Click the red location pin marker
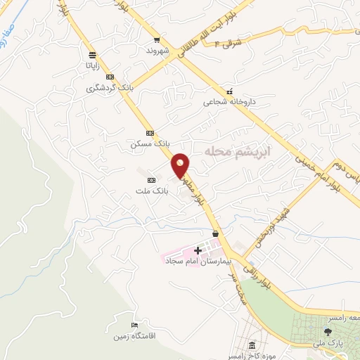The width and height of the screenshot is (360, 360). tap(181, 165)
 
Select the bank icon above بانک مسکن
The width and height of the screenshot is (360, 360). tap(150, 132)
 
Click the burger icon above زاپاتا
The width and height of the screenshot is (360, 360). tap(93, 55)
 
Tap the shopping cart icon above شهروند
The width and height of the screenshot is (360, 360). tap(157, 41)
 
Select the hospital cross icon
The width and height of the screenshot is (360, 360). tap(198, 250)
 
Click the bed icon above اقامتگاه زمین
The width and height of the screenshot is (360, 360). tap(134, 324)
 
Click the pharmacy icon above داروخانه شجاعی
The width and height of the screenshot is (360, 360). tap(229, 91)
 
